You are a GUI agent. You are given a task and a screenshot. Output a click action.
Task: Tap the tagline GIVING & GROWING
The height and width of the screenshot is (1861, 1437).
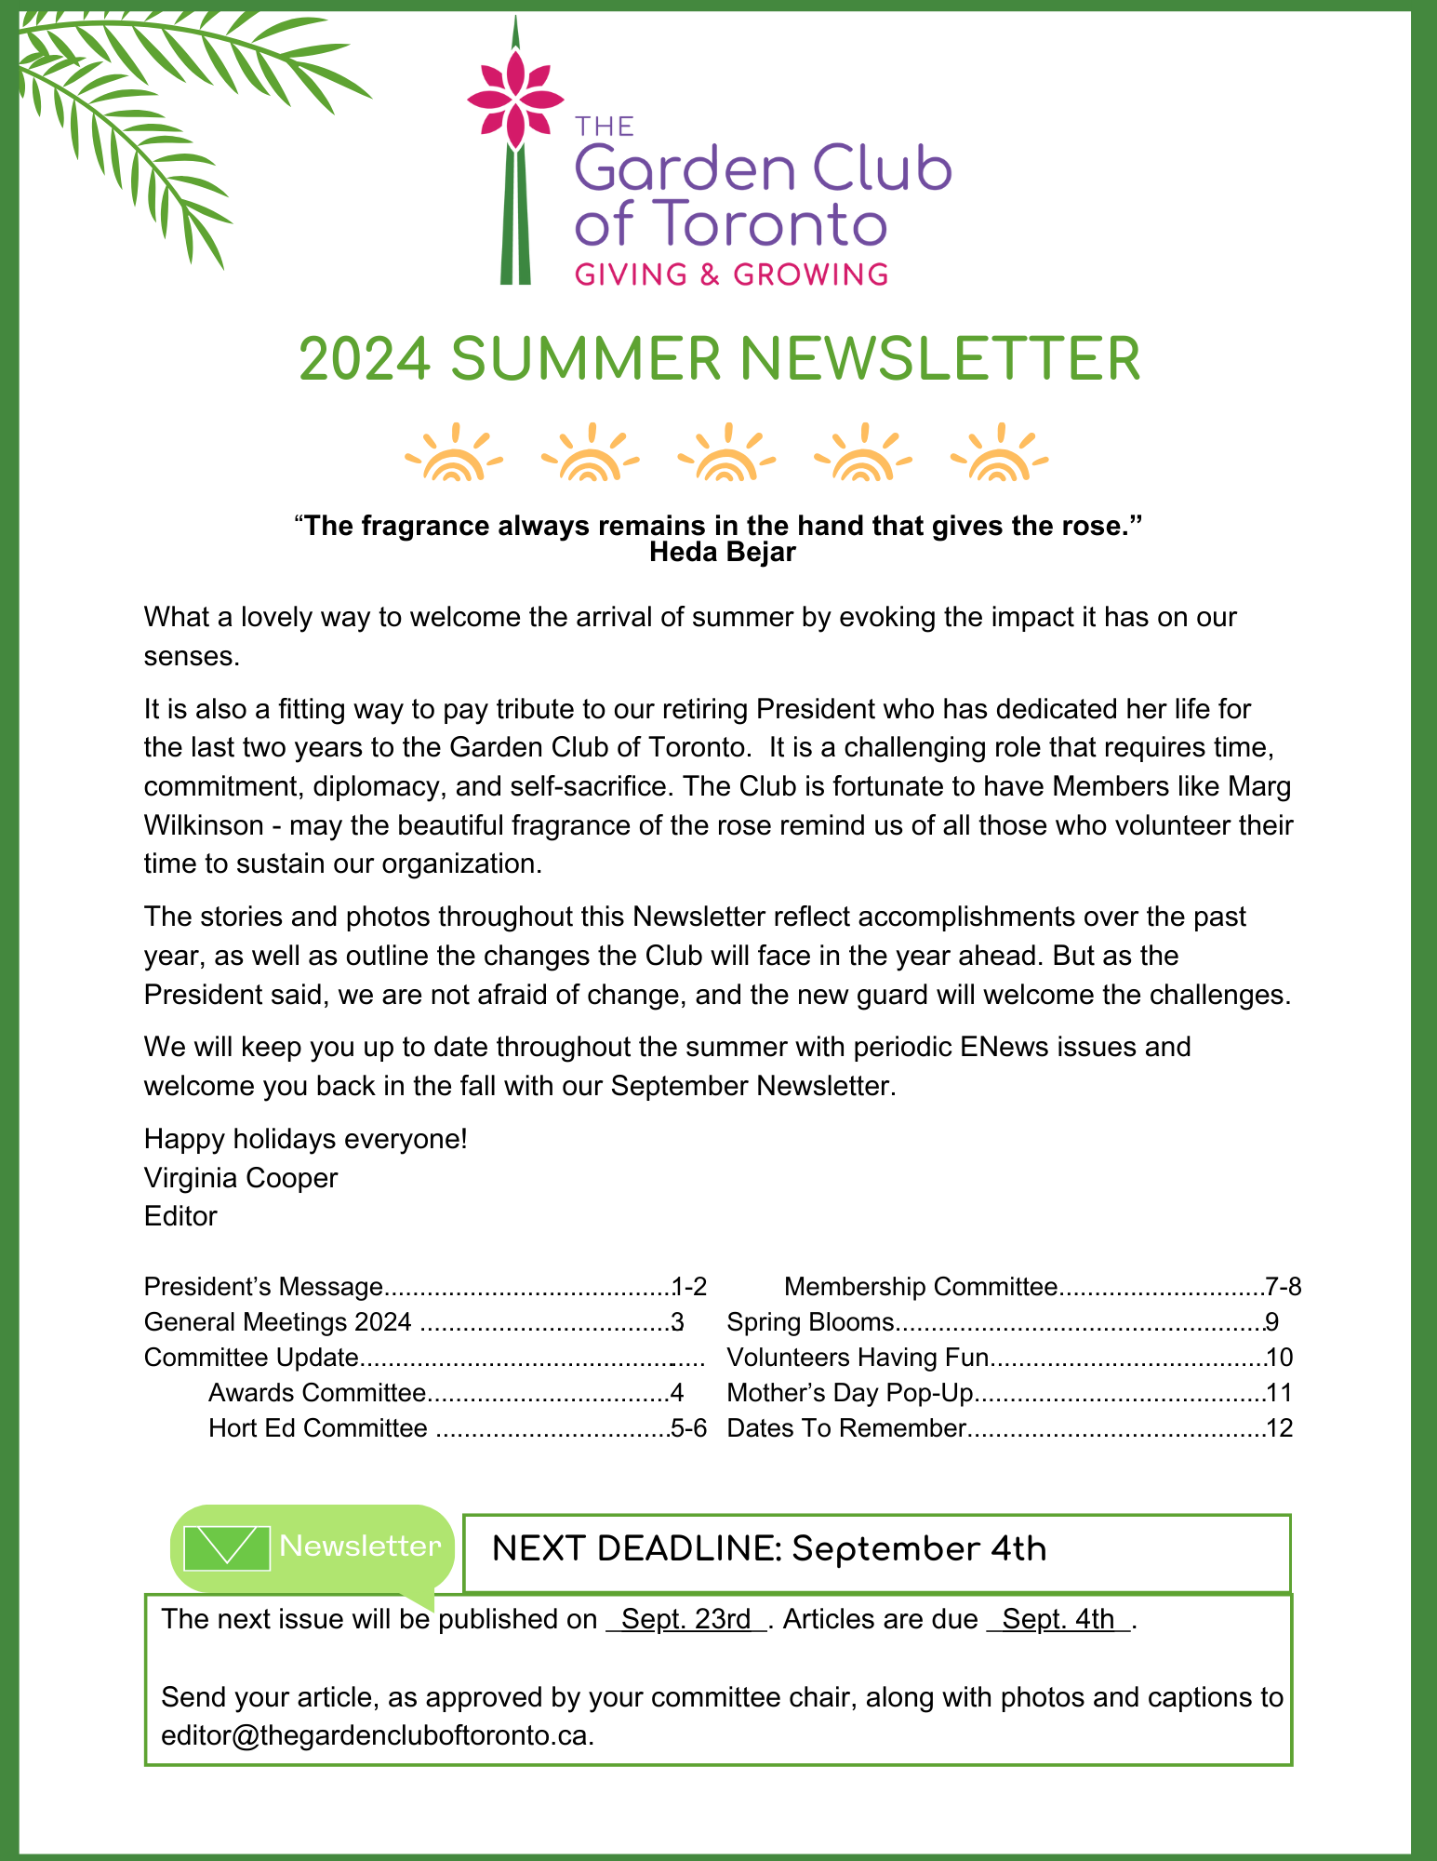731,274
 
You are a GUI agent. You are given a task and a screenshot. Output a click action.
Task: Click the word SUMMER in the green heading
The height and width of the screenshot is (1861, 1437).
586,360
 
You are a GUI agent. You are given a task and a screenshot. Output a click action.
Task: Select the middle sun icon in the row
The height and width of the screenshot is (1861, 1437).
726,454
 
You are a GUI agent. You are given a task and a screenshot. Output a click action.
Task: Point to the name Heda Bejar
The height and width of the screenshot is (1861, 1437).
722,553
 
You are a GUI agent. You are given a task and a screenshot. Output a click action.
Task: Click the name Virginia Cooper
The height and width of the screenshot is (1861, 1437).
240,1178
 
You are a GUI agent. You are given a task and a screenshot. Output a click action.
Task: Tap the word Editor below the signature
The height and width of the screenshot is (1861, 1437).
180,1216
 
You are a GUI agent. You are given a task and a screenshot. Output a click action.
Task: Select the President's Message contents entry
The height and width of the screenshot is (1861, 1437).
263,1287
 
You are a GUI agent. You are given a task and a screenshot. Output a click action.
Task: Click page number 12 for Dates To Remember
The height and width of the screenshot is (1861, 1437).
1280,1428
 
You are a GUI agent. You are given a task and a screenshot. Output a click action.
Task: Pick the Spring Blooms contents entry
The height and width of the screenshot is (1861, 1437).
810,1322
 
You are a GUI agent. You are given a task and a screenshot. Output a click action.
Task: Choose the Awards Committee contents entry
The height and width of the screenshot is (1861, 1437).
316,1393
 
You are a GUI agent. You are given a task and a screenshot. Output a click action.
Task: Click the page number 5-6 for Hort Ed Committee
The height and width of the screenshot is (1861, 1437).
689,1428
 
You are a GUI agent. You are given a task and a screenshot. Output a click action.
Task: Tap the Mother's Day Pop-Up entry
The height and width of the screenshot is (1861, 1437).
849,1393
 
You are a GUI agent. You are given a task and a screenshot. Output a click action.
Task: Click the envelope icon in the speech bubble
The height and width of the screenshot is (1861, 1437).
227,1548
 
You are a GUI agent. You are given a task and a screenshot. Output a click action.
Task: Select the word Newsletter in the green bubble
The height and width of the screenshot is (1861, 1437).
360,1546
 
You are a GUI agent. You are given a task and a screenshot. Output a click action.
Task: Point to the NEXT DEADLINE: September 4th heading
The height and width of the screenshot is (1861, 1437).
768,1549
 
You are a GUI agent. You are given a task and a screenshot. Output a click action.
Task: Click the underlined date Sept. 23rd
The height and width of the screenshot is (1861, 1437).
686,1619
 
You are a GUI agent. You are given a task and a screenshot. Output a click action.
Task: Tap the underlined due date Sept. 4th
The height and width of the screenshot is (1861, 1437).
1058,1619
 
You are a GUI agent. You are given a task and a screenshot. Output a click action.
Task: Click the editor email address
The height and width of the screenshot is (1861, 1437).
377,1736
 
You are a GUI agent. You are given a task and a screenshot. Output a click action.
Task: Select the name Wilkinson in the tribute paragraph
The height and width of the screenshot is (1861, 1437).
204,825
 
